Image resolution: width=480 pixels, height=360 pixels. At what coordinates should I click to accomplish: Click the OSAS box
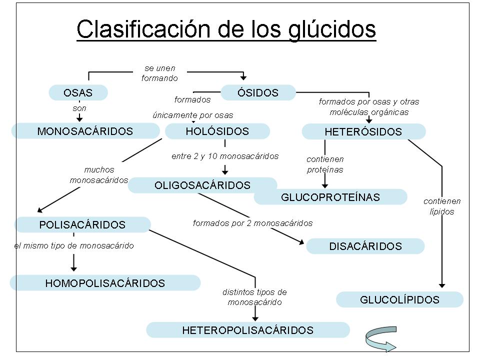pyautogui.click(x=78, y=92)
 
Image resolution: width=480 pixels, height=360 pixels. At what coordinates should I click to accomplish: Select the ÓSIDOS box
pyautogui.click(x=258, y=92)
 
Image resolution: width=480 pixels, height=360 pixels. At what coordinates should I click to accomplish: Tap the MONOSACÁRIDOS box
pyautogui.click(x=85, y=131)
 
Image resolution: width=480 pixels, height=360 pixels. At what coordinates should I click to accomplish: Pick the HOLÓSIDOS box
pyautogui.click(x=217, y=131)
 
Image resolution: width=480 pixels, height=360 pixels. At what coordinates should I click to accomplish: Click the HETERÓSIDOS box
pyautogui.click(x=363, y=132)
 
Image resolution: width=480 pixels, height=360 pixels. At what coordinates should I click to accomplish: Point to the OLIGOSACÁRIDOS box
pyautogui.click(x=202, y=185)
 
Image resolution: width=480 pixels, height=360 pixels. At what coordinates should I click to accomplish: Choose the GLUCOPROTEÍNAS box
pyautogui.click(x=330, y=197)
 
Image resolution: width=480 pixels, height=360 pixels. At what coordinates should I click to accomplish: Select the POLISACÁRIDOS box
pyautogui.click(x=82, y=224)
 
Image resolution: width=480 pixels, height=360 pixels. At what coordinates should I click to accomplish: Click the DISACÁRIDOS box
pyautogui.click(x=365, y=246)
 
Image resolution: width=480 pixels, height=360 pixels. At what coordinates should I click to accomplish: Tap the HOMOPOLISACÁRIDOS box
pyautogui.click(x=105, y=283)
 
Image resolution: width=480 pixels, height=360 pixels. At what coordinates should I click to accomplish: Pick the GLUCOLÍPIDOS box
pyautogui.click(x=399, y=299)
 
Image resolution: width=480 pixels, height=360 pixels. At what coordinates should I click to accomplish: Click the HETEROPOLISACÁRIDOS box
pyautogui.click(x=247, y=330)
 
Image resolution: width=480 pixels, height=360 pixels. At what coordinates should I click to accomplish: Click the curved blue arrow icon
pyautogui.click(x=380, y=341)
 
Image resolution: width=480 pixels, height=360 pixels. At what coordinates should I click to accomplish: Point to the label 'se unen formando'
pyautogui.click(x=159, y=73)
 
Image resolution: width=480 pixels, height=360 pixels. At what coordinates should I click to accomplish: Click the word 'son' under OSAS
pyautogui.click(x=79, y=107)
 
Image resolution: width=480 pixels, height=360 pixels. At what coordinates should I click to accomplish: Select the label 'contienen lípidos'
pyautogui.click(x=442, y=206)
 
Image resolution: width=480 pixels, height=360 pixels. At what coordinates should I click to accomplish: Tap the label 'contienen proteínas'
pyautogui.click(x=325, y=164)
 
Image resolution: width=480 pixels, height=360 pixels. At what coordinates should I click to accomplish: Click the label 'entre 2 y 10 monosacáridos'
pyautogui.click(x=225, y=156)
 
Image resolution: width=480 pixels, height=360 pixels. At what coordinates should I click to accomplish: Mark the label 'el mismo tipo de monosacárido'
pyautogui.click(x=74, y=245)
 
